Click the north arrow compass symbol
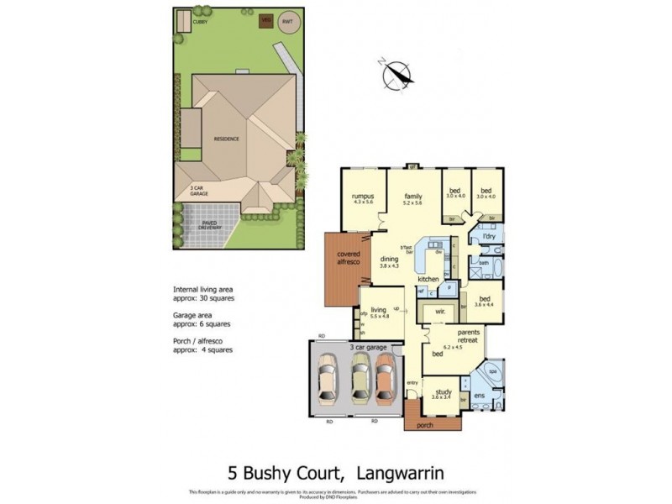click(396, 75)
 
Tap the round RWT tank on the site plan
click(288, 23)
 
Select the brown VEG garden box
click(266, 18)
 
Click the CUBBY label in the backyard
click(200, 22)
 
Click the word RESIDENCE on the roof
click(226, 139)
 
